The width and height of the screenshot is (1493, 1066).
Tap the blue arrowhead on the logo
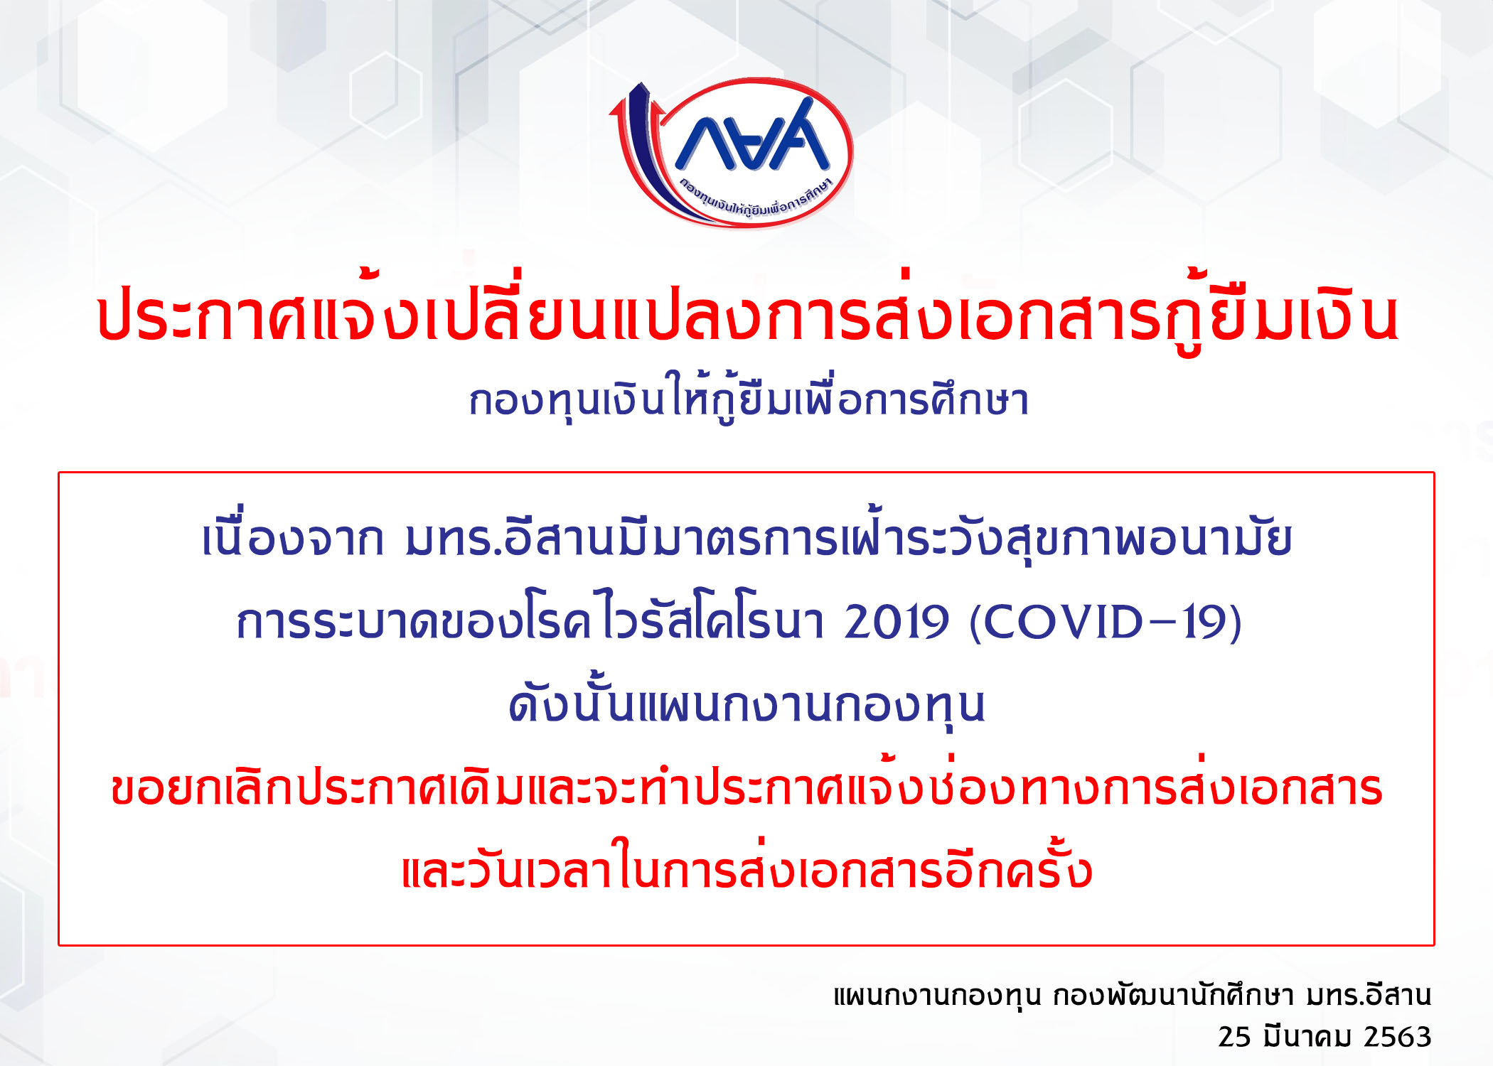(x=640, y=96)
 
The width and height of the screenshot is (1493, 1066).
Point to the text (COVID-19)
(x=1106, y=622)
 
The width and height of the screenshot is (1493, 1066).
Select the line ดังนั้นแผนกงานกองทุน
(x=747, y=704)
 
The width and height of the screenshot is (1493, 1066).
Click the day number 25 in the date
(x=1234, y=1037)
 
